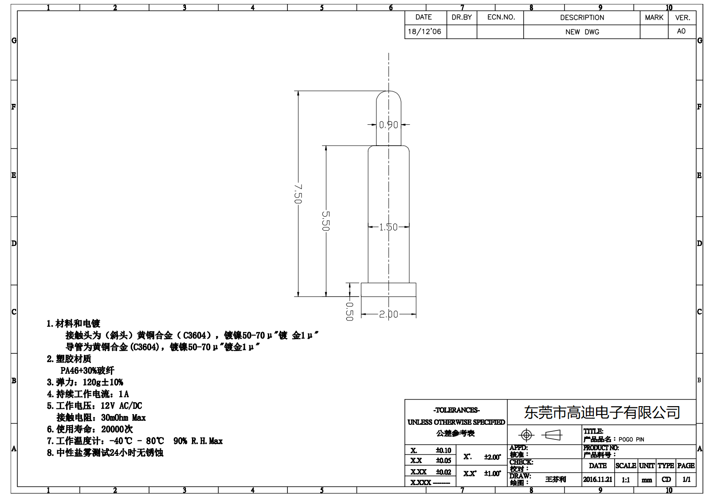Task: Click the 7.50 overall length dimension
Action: click(x=298, y=194)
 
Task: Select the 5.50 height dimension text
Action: click(x=326, y=221)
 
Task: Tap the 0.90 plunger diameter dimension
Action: click(x=388, y=125)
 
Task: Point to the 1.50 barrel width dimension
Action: click(x=388, y=227)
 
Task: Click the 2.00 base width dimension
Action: click(x=388, y=315)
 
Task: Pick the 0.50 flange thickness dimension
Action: click(x=349, y=312)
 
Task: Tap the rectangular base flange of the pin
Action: click(x=388, y=290)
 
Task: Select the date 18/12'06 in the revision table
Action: click(x=424, y=32)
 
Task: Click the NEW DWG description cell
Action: click(x=582, y=32)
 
